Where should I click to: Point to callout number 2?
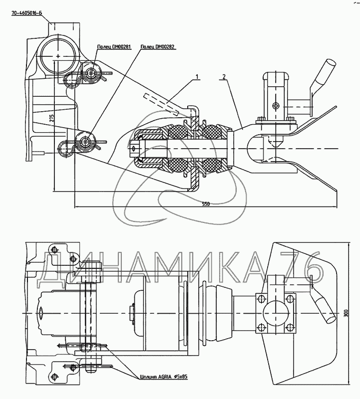click(x=224, y=77)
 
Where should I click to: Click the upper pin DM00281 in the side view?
click(x=91, y=73)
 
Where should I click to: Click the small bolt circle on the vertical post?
click(x=276, y=105)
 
